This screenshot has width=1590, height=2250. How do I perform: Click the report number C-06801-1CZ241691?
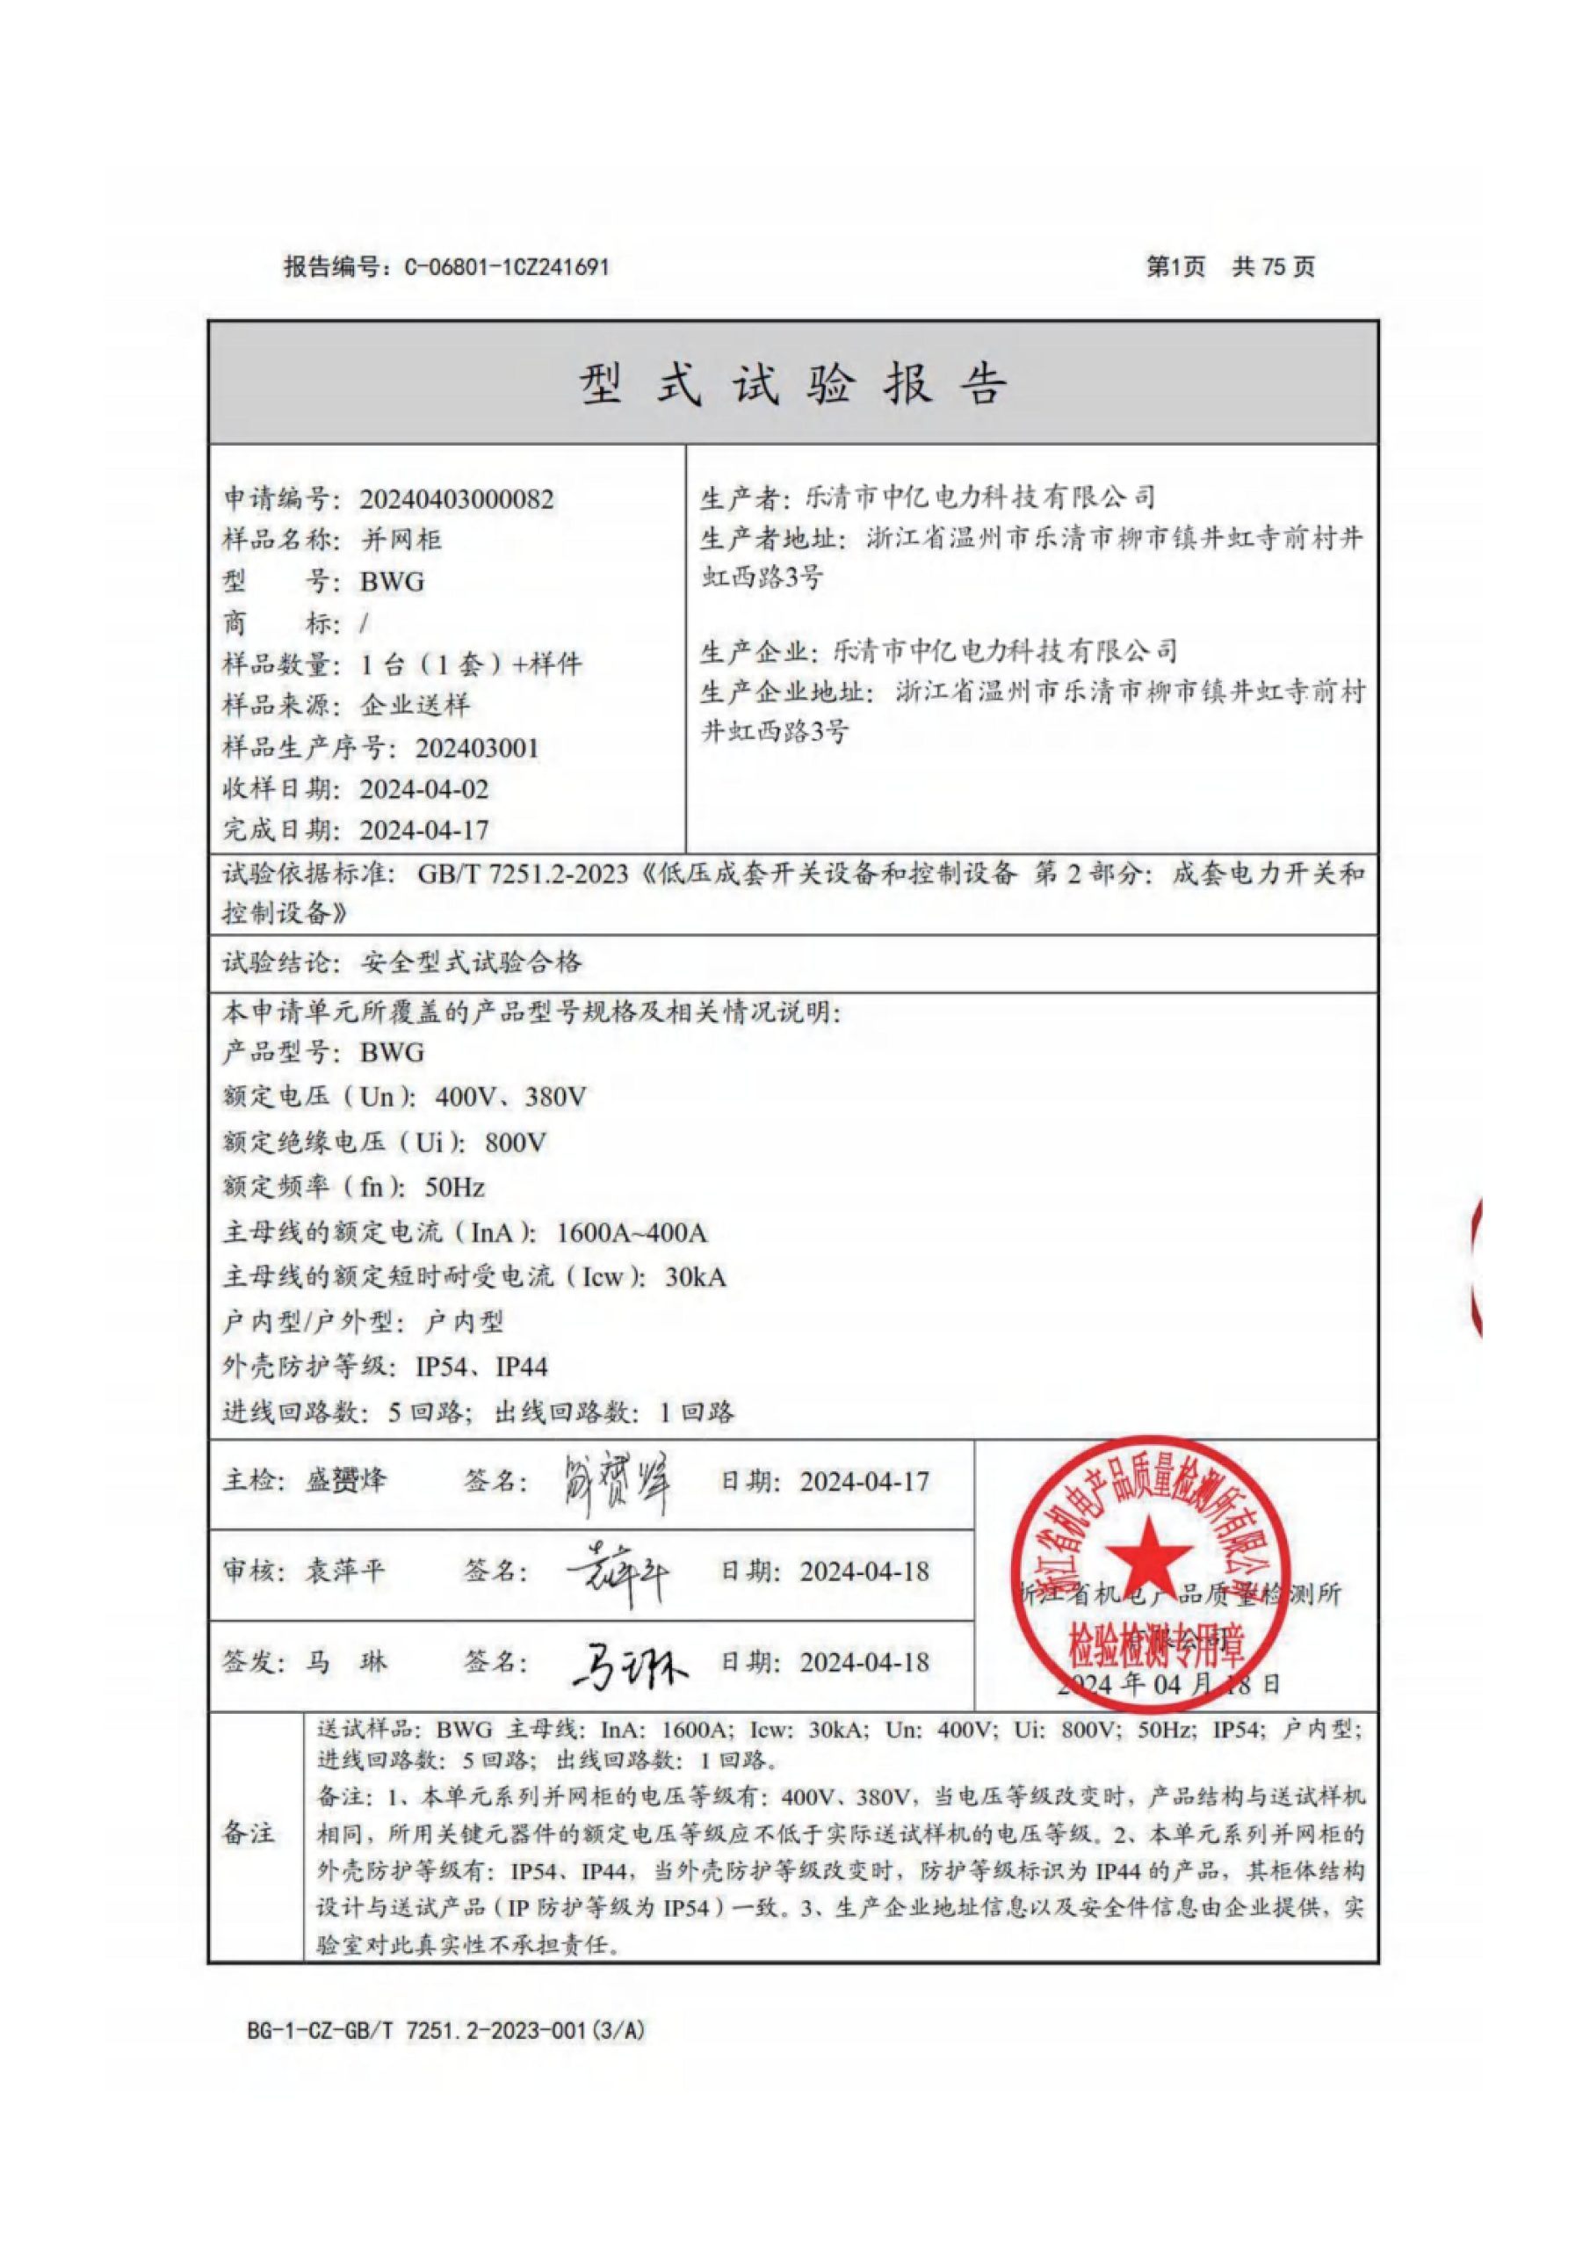507,266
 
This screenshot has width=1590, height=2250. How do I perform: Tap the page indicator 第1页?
1175,266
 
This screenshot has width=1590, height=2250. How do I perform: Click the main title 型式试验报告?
792,383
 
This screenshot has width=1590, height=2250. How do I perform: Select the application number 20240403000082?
457,499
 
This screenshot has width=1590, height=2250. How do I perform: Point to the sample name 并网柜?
401,540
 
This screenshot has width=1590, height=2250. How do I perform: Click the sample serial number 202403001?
477,748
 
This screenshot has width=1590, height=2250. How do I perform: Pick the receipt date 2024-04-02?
423,789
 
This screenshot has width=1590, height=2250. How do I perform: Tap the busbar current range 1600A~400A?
632,1232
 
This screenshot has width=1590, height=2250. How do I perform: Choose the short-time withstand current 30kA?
696,1277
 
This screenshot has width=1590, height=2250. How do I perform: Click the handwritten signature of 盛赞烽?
616,1483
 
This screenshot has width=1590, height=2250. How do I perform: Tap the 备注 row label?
249,1832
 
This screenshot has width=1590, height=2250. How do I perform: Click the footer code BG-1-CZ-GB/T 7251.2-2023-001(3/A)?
445,2030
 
